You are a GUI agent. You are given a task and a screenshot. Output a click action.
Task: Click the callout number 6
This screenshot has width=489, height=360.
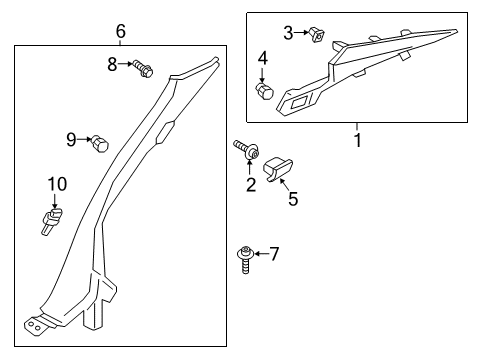pos(121,31)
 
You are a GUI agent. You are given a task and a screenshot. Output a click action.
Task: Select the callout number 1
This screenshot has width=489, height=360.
pos(358,140)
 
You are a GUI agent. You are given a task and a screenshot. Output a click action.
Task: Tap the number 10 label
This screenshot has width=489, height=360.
pos(57,184)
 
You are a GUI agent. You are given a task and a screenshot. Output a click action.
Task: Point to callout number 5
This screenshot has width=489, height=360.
pos(293,199)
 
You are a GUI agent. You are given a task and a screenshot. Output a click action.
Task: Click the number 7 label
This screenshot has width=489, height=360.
pos(274,254)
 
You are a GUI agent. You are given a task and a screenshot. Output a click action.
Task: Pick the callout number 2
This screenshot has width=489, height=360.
pos(251,185)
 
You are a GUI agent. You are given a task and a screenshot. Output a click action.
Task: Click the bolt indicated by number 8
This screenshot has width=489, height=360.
pos(143,68)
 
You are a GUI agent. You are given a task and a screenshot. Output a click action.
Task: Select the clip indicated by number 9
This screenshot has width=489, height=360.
pos(100,144)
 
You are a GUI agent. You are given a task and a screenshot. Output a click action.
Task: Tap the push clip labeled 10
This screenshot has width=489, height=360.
pos(52,220)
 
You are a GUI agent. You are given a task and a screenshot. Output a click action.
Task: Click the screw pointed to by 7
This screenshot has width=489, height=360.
pos(245,260)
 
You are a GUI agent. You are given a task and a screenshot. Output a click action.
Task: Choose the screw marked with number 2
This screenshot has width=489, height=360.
pos(247,150)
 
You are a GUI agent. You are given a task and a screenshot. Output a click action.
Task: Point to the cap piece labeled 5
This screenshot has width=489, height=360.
pos(278,169)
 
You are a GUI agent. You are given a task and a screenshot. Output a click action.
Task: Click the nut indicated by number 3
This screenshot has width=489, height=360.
pos(317,34)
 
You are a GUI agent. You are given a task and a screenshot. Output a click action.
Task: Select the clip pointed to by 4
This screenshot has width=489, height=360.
pos(264,91)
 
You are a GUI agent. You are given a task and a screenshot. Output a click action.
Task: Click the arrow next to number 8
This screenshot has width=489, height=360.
pos(125,64)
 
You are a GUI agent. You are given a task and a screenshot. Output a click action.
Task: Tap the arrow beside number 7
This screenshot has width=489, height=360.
pos(261,254)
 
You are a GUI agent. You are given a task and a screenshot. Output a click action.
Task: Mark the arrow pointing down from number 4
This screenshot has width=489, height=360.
pos(262,75)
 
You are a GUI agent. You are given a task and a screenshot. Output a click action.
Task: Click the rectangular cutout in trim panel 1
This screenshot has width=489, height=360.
pos(300,103)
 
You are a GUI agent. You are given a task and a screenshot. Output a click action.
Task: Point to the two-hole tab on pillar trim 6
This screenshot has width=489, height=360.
pos(34,325)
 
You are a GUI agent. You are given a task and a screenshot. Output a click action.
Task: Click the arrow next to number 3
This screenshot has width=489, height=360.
pos(302,32)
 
